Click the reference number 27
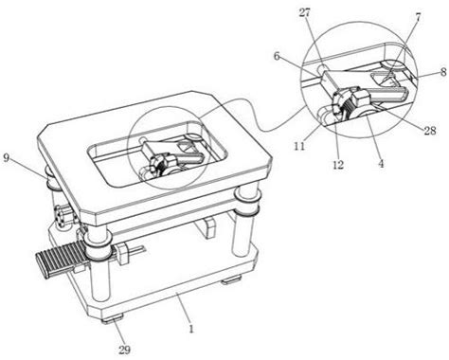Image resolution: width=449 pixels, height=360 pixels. coord(305,13)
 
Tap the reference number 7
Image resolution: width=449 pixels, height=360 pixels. coord(418,17)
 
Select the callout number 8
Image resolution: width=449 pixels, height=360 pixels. coord(443,72)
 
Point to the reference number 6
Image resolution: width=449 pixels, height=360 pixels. coord(277,56)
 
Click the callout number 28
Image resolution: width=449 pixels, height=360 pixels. coord(429,131)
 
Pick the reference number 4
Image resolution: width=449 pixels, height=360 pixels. coord(382,163)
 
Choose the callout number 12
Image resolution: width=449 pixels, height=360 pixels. coord(338,164)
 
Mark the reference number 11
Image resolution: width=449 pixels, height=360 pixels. coord(299,146)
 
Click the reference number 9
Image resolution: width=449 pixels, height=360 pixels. coord(7,157)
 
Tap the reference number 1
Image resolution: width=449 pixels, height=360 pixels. coord(190,329)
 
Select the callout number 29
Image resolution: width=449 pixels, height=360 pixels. coord(124,350)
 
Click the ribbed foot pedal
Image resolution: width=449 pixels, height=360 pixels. coord(60,261)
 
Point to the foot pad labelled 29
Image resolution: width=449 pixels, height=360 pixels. coord(113,319)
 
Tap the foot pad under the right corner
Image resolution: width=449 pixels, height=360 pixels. coord(231,279)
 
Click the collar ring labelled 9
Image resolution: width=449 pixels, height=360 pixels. coord(54,181)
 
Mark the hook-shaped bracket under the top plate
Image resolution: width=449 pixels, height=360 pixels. coord(206,227)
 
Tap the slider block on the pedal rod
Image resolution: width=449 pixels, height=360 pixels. coord(123,253)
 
